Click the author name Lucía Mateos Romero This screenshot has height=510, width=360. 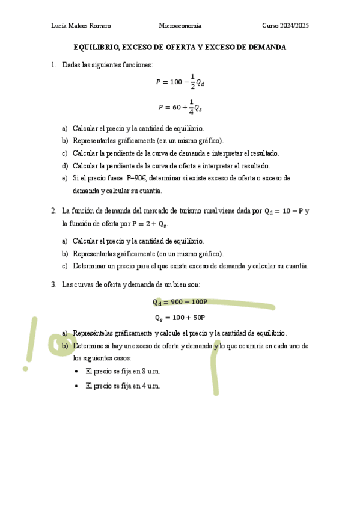click(x=81, y=26)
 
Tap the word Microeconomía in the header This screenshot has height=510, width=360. click(x=180, y=26)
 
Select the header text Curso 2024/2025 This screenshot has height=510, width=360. click(x=285, y=26)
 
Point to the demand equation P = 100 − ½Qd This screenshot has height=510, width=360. click(x=180, y=81)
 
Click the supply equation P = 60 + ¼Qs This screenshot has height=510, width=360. click(x=180, y=107)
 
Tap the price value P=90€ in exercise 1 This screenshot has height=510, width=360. click(x=136, y=178)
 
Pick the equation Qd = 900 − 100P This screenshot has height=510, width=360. click(x=180, y=302)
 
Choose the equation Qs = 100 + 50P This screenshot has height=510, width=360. click(x=180, y=318)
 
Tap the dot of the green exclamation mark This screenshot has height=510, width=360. click(x=25, y=367)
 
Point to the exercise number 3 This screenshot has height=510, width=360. click(x=53, y=284)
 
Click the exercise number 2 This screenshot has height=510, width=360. click(x=53, y=211)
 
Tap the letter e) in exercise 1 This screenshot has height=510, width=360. click(x=64, y=178)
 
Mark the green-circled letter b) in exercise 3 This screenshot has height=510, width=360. click(x=64, y=346)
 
